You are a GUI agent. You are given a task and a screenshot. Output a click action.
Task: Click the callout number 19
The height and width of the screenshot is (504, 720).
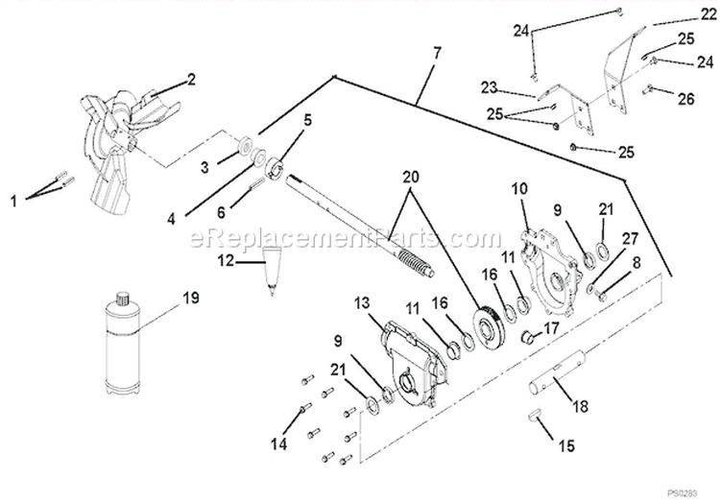191,298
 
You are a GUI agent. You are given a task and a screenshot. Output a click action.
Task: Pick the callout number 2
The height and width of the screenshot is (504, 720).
190,80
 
